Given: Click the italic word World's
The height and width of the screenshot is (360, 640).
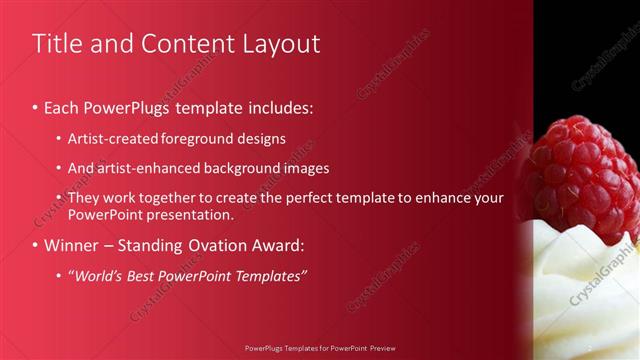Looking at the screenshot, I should click(98, 275).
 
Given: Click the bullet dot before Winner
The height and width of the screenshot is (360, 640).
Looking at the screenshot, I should click(37, 245).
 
